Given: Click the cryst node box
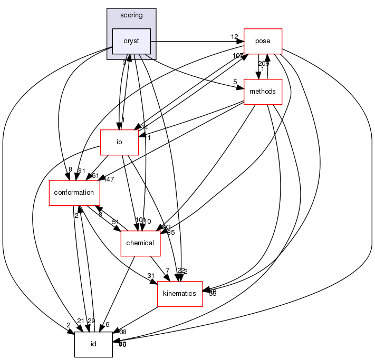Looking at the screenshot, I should [131, 41].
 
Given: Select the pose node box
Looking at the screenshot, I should [262, 41].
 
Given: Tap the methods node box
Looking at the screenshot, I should [263, 92].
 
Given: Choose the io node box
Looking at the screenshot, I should [119, 142].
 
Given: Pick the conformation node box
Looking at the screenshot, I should [74, 193].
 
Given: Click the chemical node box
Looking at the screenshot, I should [140, 243].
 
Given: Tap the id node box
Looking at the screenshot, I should [93, 344].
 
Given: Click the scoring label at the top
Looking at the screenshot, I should [131, 15].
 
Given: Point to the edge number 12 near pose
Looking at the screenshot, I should [235, 37].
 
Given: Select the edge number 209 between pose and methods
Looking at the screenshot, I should [263, 63].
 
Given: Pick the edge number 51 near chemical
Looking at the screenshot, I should [115, 223].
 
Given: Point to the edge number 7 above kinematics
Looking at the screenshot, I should [167, 271].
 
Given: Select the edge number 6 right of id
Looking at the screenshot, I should [107, 325].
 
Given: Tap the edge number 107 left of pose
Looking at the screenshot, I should [237, 56].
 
